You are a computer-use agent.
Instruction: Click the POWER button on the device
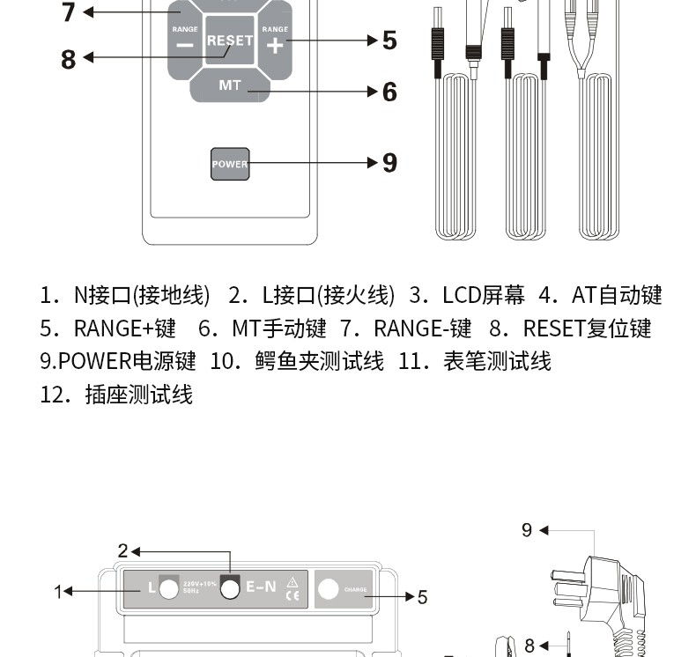230,164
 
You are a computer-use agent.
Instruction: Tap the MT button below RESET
229,86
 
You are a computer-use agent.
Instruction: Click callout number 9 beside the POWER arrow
389,163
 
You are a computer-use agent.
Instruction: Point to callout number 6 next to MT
389,92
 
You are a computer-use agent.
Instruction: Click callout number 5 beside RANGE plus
389,41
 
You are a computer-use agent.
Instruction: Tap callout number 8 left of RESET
69,59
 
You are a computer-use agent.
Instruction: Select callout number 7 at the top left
69,12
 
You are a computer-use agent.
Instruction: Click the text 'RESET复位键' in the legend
586,328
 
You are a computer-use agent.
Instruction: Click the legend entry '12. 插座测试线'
116,394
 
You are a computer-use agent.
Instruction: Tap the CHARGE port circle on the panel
328,589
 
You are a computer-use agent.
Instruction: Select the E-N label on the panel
262,587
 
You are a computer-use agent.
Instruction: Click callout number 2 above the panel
123,551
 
